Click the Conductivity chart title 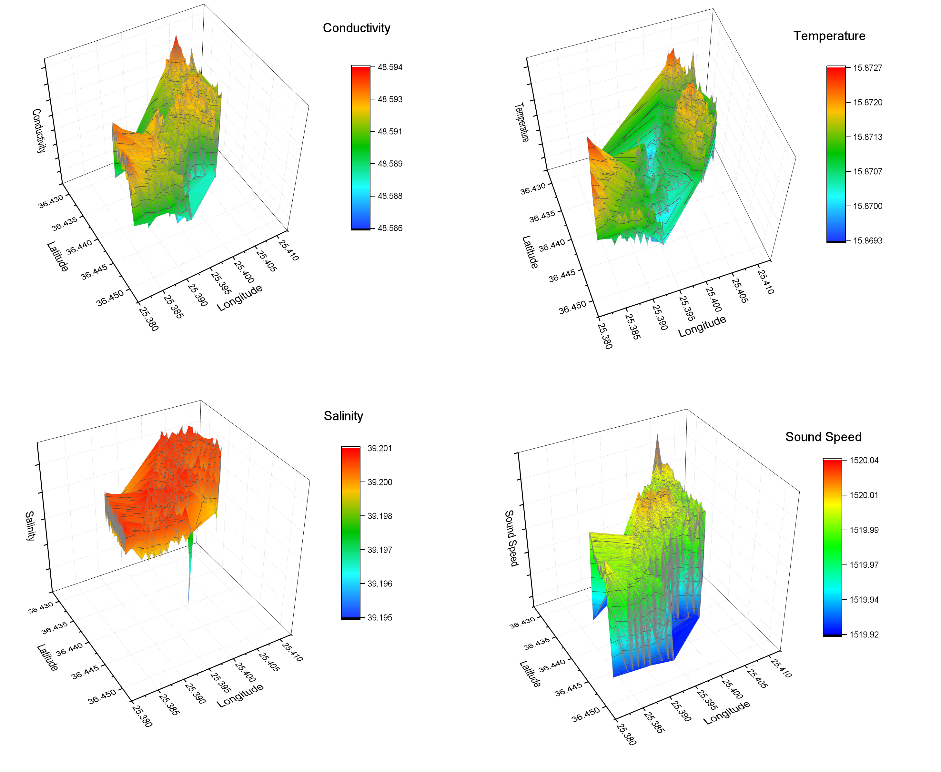pos(356,28)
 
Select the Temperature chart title pos(829,36)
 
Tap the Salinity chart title pos(343,416)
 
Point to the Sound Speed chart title pos(823,437)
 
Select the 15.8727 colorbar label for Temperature pos(867,67)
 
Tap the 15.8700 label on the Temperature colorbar pos(867,206)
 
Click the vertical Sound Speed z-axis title pos(511,538)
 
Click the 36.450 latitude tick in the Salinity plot pos(102,696)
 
